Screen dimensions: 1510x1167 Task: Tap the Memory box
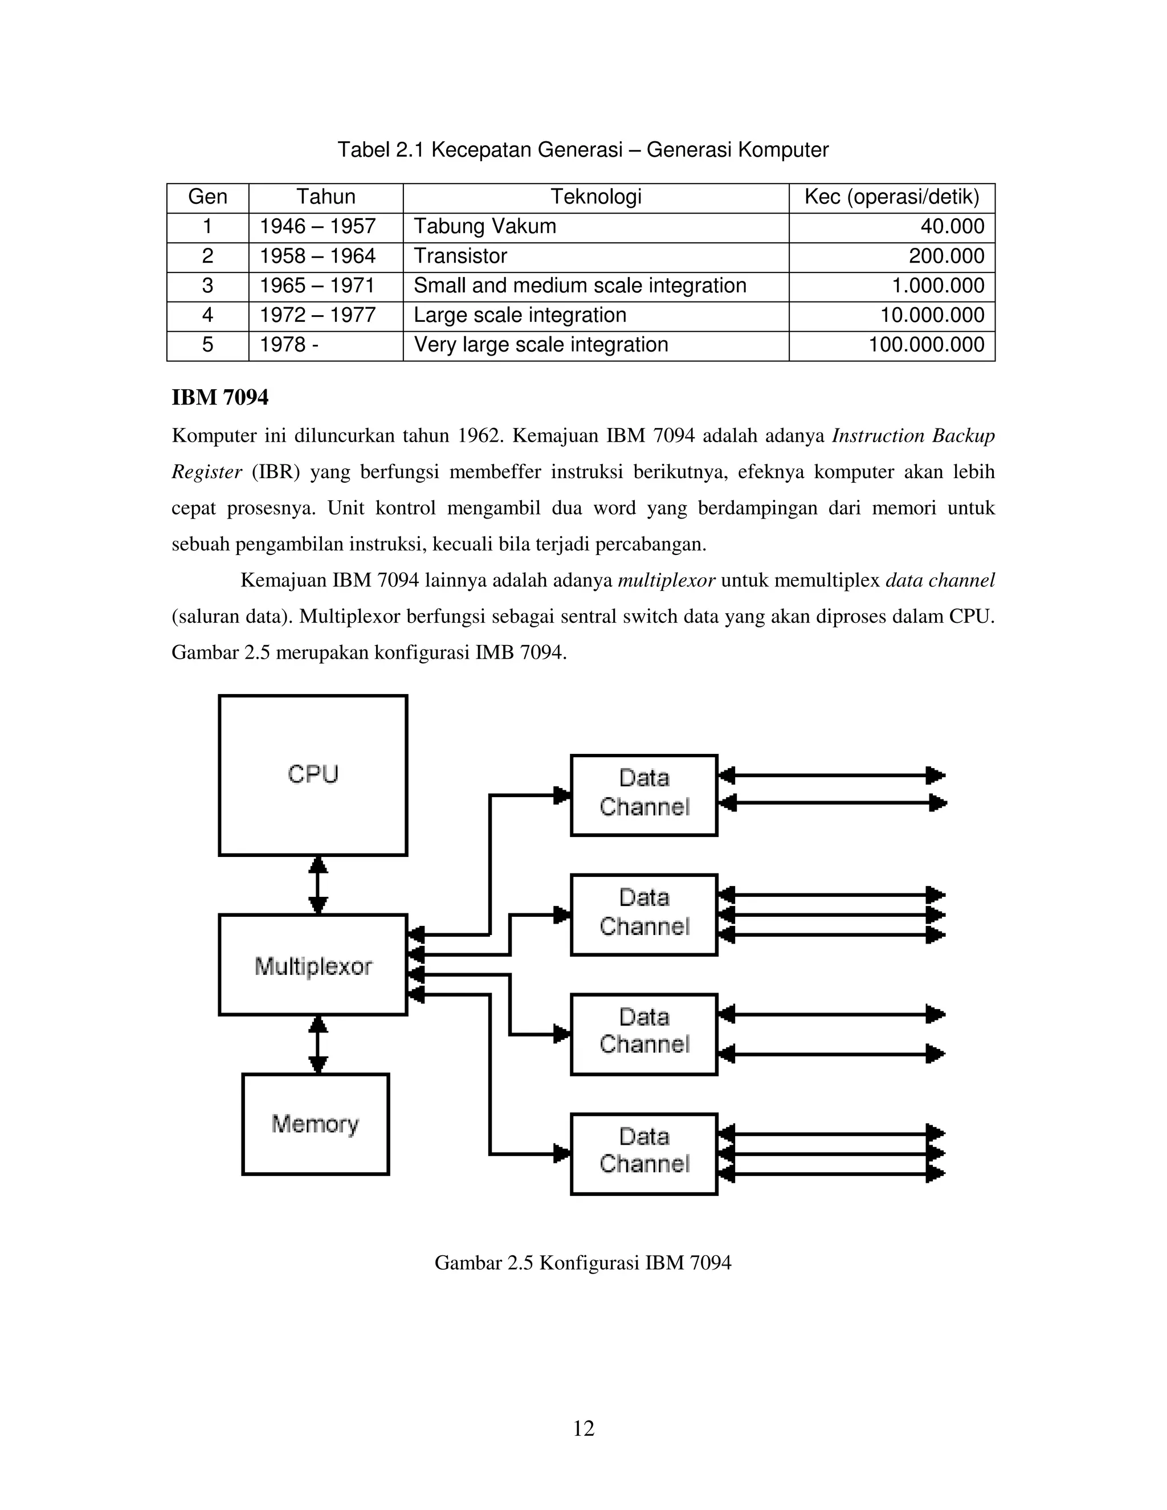pyautogui.click(x=315, y=1124)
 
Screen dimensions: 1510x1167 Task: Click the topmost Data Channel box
pyautogui.click(x=644, y=794)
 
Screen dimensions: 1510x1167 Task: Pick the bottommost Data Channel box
pyautogui.click(x=644, y=1153)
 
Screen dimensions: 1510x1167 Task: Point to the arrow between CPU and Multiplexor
pyautogui.click(x=318, y=885)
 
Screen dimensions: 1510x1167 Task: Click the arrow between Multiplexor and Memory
pyautogui.click(x=318, y=1044)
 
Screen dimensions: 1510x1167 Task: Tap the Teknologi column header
pyautogui.click(x=595, y=197)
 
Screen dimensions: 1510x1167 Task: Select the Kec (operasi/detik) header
pyautogui.click(x=892, y=197)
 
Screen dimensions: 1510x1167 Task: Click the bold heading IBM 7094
pyautogui.click(x=220, y=398)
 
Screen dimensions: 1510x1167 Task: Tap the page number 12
pyautogui.click(x=583, y=1429)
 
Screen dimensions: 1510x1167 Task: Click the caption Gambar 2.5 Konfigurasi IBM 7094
pyautogui.click(x=583, y=1263)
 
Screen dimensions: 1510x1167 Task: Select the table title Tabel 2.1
pyautogui.click(x=583, y=149)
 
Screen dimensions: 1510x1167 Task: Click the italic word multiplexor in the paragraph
pyautogui.click(x=666, y=581)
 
